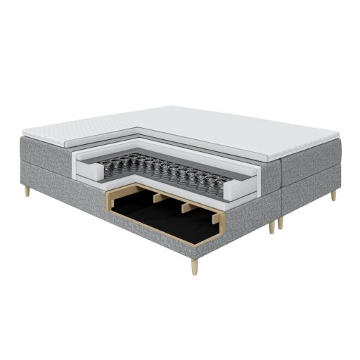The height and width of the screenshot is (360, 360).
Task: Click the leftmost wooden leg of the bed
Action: tap(27, 190)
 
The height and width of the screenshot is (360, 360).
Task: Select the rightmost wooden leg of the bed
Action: tap(333, 194)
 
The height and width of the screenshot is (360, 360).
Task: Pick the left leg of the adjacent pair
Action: tap(271, 226)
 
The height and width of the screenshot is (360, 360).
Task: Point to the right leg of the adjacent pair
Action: tap(281, 221)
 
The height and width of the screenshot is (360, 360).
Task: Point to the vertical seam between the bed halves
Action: tap(280, 190)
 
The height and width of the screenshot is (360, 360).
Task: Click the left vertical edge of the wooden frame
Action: tap(107, 205)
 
